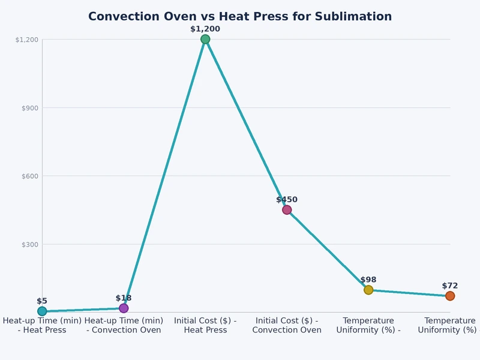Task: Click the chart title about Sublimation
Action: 240,17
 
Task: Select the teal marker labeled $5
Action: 42,311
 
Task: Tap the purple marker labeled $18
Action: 124,308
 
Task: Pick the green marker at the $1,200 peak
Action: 205,40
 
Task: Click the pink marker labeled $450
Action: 287,210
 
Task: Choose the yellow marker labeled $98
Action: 368,290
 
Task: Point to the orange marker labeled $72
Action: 450,296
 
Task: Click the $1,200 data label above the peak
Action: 205,29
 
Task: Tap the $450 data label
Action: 287,200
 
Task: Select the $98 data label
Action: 368,280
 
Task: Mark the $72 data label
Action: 450,286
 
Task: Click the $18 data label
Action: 124,298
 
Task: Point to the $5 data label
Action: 42,301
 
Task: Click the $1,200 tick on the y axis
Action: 27,40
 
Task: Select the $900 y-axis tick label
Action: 29,108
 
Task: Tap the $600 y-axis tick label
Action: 29,176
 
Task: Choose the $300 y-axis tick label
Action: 29,245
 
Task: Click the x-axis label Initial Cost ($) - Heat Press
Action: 205,325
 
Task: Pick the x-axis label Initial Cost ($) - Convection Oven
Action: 287,325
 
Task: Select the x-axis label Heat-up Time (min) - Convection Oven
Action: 124,325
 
